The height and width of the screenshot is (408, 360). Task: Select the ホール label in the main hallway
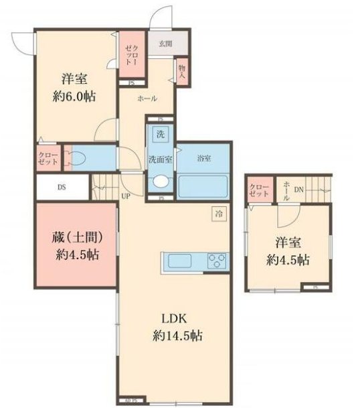click(147, 98)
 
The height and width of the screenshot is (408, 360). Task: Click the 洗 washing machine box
click(160, 133)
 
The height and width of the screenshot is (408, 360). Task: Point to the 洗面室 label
click(160, 159)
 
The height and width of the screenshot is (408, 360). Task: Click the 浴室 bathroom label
click(205, 159)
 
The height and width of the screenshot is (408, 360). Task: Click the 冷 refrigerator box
click(219, 214)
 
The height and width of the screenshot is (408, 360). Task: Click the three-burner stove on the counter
click(216, 260)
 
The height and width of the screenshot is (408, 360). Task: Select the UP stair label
click(125, 197)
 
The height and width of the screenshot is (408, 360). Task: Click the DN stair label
click(298, 189)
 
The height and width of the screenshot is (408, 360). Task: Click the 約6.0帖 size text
click(74, 96)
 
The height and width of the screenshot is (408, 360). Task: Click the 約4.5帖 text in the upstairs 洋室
click(288, 259)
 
